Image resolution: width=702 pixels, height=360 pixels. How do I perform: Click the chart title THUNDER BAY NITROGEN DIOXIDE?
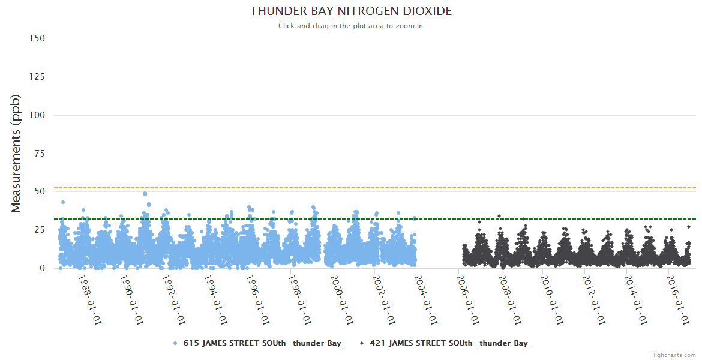(x=351, y=11)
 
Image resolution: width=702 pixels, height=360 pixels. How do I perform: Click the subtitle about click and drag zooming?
(x=351, y=26)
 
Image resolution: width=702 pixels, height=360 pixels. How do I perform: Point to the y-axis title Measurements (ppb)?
(x=16, y=153)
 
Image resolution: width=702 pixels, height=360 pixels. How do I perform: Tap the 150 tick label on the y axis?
(x=37, y=38)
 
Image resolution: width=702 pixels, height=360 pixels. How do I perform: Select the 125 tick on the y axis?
(x=37, y=77)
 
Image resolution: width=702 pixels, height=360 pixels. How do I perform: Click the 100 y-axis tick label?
(x=37, y=115)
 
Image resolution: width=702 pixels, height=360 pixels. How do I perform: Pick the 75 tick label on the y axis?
(x=40, y=154)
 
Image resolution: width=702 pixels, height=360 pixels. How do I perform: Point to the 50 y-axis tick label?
(x=40, y=192)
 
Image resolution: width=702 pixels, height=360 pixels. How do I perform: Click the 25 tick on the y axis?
(x=40, y=230)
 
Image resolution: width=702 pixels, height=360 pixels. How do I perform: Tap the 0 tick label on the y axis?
(x=42, y=268)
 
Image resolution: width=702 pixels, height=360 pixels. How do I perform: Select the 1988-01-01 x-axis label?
(x=89, y=300)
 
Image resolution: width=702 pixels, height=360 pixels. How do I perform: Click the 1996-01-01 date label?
(x=257, y=300)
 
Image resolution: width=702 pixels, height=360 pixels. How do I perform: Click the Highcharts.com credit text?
(x=673, y=355)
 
